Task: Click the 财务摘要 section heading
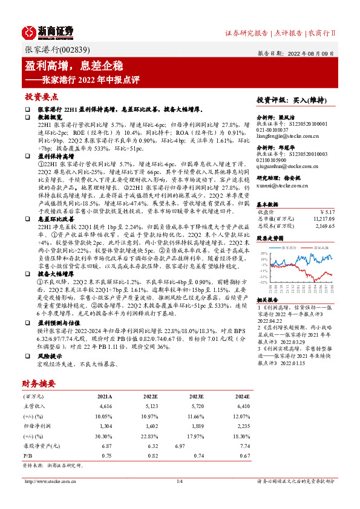[x=39, y=383]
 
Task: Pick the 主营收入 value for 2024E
[x=240, y=408]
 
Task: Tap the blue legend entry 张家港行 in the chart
[x=287, y=248]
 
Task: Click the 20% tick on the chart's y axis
[x=263, y=254]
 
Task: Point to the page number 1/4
[x=179, y=482]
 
